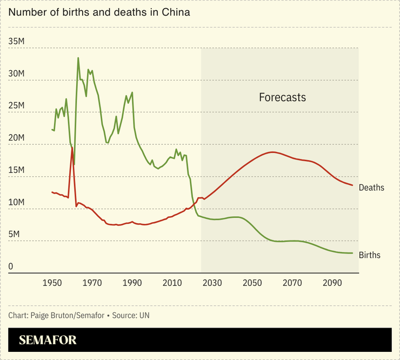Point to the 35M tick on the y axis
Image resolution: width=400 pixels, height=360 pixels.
(x=18, y=42)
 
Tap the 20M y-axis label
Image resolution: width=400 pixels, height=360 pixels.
(x=18, y=138)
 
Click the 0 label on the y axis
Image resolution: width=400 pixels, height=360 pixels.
(x=10, y=266)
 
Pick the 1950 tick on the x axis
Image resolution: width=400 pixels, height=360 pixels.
(x=52, y=283)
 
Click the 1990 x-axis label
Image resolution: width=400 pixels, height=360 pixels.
(x=132, y=283)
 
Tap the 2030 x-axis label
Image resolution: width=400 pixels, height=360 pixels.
(x=212, y=283)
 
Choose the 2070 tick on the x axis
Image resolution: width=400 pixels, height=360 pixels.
(x=292, y=283)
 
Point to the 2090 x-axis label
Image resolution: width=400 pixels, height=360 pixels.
(x=332, y=283)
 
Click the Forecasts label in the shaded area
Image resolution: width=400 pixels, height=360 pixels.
(x=282, y=98)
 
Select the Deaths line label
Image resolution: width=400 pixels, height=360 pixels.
(x=371, y=188)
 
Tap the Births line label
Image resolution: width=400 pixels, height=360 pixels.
(x=370, y=255)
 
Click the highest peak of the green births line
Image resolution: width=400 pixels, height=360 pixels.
(x=78, y=58)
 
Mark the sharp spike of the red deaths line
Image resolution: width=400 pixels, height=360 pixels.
(x=72, y=148)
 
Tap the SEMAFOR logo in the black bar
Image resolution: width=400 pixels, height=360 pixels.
(x=48, y=340)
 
